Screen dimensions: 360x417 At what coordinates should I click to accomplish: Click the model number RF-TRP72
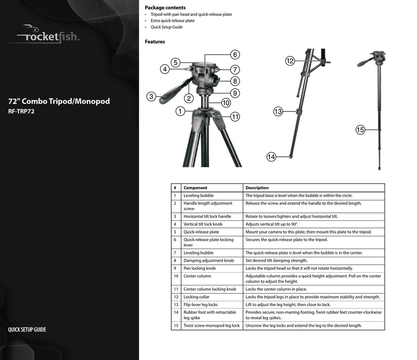pyautogui.click(x=21, y=112)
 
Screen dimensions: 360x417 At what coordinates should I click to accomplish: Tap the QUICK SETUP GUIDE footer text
pyautogui.click(x=27, y=330)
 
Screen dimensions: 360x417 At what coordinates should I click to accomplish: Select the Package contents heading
pyautogui.click(x=165, y=7)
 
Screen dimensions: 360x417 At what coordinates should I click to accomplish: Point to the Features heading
pyautogui.click(x=155, y=42)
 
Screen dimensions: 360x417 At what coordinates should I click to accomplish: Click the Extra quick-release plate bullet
pyautogui.click(x=173, y=21)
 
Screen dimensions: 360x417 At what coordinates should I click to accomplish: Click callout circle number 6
pyautogui.click(x=235, y=55)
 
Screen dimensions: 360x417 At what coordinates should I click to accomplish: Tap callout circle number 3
pyautogui.click(x=151, y=97)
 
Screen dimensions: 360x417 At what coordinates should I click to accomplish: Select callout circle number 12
pyautogui.click(x=290, y=61)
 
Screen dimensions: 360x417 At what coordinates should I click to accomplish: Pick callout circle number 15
pyautogui.click(x=360, y=130)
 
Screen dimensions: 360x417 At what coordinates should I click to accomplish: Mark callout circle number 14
pyautogui.click(x=271, y=157)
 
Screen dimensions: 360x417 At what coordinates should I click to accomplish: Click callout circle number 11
pyautogui.click(x=235, y=117)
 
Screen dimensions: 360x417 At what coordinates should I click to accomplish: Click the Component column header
pyautogui.click(x=195, y=187)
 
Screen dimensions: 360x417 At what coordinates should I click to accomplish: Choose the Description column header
pyautogui.click(x=257, y=187)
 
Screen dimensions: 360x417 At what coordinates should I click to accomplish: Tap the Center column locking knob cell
pyautogui.click(x=210, y=289)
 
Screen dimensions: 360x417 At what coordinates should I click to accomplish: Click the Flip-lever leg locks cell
pyautogui.click(x=201, y=305)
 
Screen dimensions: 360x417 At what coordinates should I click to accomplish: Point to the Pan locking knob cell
pyautogui.click(x=199, y=268)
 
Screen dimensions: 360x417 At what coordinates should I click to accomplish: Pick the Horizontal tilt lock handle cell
pyautogui.click(x=207, y=216)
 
